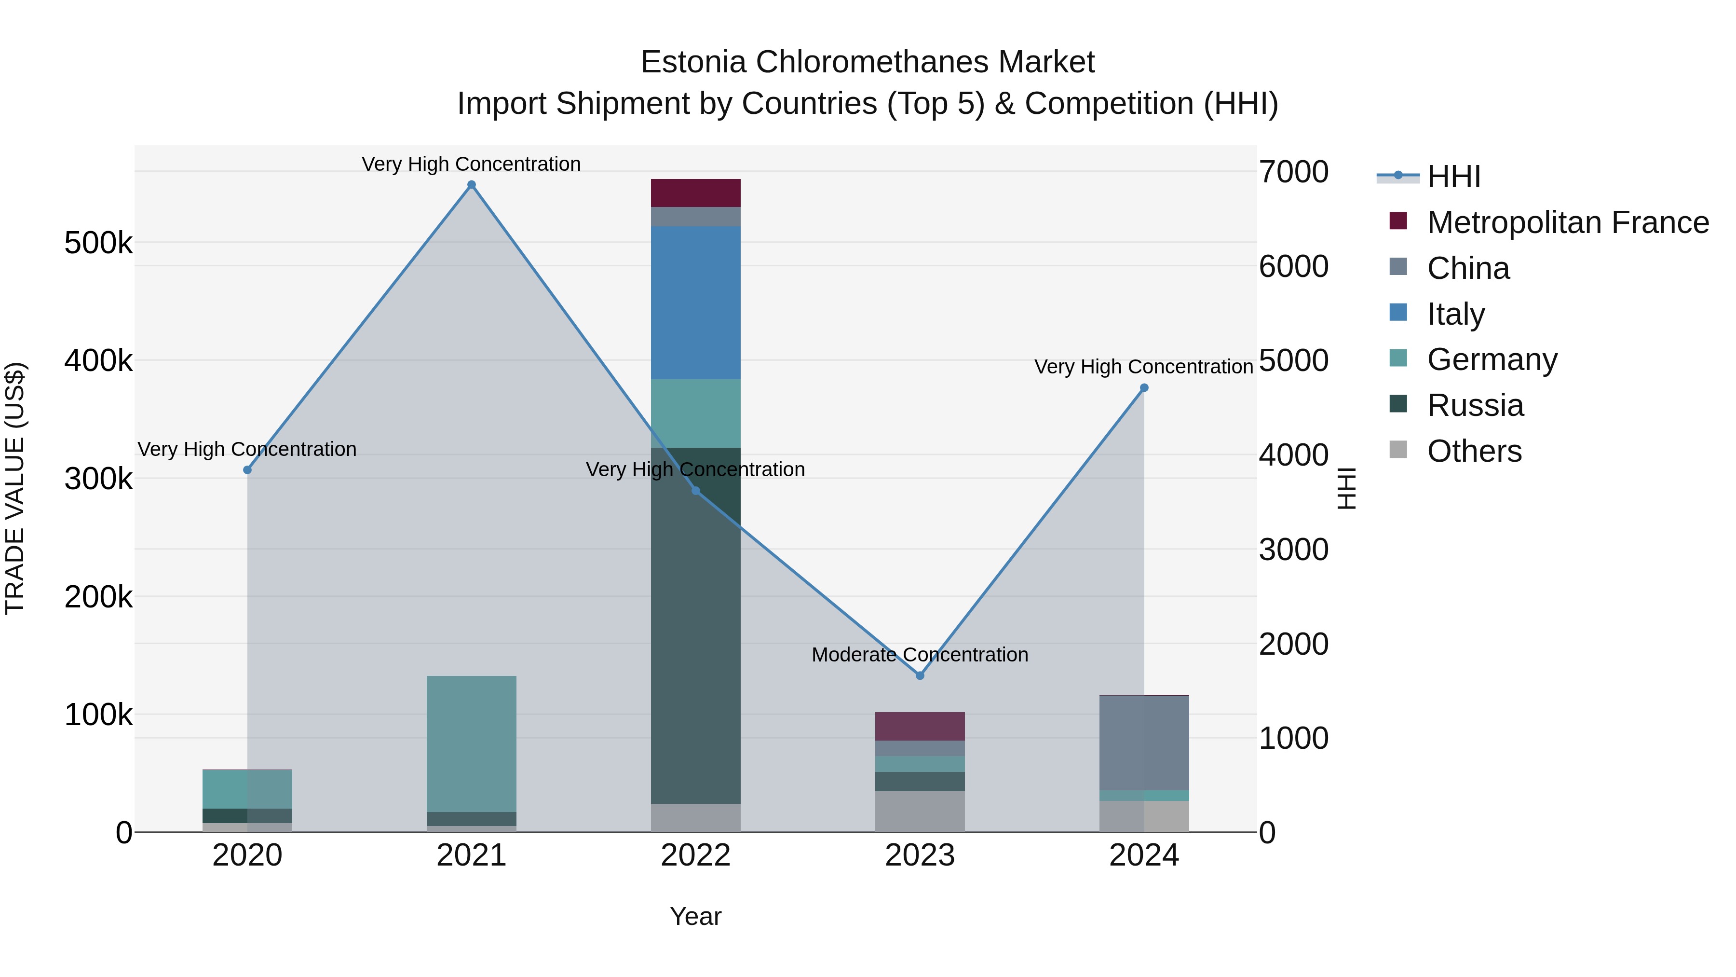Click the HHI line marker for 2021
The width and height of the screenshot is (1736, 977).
point(471,185)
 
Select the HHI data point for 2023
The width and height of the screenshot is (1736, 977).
point(920,675)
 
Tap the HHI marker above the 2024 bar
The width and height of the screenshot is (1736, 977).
point(1144,388)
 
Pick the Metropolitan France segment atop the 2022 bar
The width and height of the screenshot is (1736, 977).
point(695,193)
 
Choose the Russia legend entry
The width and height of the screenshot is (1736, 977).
point(1475,405)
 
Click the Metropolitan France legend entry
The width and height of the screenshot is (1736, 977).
point(1568,222)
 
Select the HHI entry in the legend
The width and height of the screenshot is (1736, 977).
point(1453,177)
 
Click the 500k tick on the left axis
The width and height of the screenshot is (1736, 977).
point(98,243)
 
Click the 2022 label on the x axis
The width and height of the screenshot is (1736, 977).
point(695,855)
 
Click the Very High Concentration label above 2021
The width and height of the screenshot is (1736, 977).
point(471,164)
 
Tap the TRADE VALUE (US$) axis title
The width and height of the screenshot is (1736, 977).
point(15,488)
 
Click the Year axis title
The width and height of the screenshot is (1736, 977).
point(695,916)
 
